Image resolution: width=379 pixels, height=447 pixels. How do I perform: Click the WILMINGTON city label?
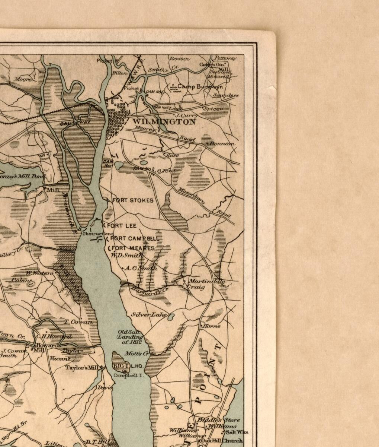pyautogui.click(x=164, y=122)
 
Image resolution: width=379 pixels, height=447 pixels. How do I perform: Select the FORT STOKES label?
pyautogui.click(x=133, y=200)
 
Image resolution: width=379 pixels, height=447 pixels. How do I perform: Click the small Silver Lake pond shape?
pyautogui.click(x=171, y=317)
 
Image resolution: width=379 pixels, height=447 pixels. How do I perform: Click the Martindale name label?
pyautogui.click(x=206, y=282)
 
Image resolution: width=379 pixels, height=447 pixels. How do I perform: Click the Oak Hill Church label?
pyautogui.click(x=222, y=441)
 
